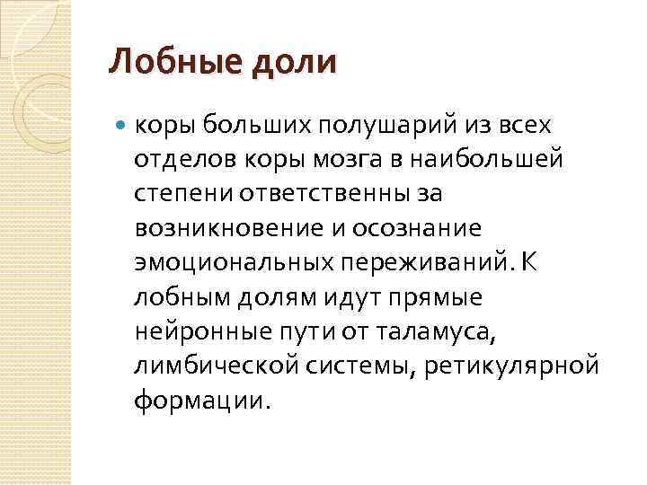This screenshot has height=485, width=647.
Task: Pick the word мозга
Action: pyautogui.click(x=322, y=159)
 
